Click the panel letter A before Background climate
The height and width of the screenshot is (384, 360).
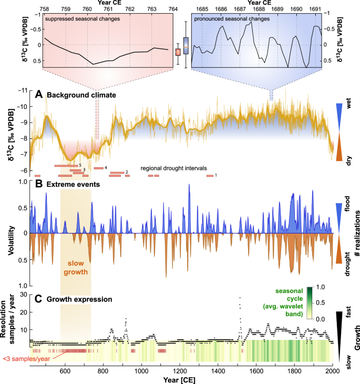pyautogui.click(x=39, y=95)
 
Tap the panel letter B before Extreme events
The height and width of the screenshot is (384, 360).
pyautogui.click(x=39, y=185)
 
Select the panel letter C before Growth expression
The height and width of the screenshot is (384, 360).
pyautogui.click(x=39, y=299)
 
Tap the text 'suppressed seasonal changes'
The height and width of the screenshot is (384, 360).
pyautogui.click(x=76, y=19)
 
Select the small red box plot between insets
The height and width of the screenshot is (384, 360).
pyautogui.click(x=178, y=52)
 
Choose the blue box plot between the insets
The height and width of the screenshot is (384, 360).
pyautogui.click(x=186, y=45)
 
